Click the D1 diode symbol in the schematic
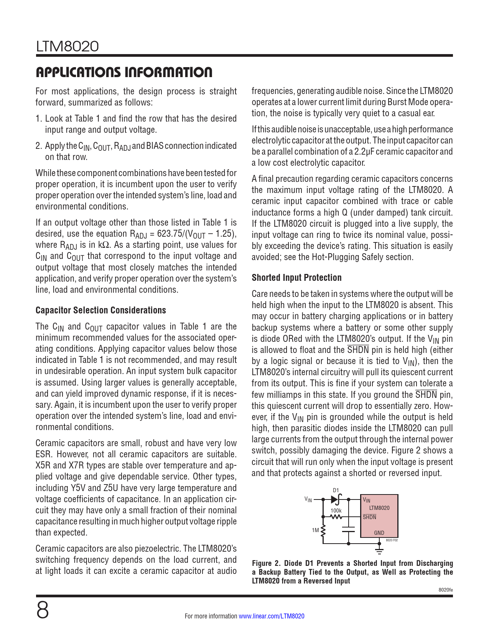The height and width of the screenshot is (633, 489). tap(336, 499)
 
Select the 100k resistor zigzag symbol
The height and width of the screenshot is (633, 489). tap(336, 517)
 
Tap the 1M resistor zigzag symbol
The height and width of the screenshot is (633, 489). tap(323, 531)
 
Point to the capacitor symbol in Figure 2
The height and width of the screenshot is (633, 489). tap(349, 529)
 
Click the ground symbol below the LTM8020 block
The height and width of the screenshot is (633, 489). tap(379, 552)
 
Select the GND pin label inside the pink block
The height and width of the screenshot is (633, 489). tap(379, 533)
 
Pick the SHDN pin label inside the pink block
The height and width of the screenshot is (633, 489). tap(369, 517)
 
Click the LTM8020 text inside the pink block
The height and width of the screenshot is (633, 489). tap(379, 508)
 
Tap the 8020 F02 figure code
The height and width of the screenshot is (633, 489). tap(392, 540)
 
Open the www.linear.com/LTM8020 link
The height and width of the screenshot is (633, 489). tap(272, 616)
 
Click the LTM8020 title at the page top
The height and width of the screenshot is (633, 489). tap(68, 47)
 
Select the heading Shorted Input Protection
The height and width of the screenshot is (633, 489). tap(296, 278)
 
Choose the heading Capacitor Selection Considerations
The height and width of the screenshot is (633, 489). tap(100, 310)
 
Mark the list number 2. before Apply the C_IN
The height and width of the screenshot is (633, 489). tap(39, 146)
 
